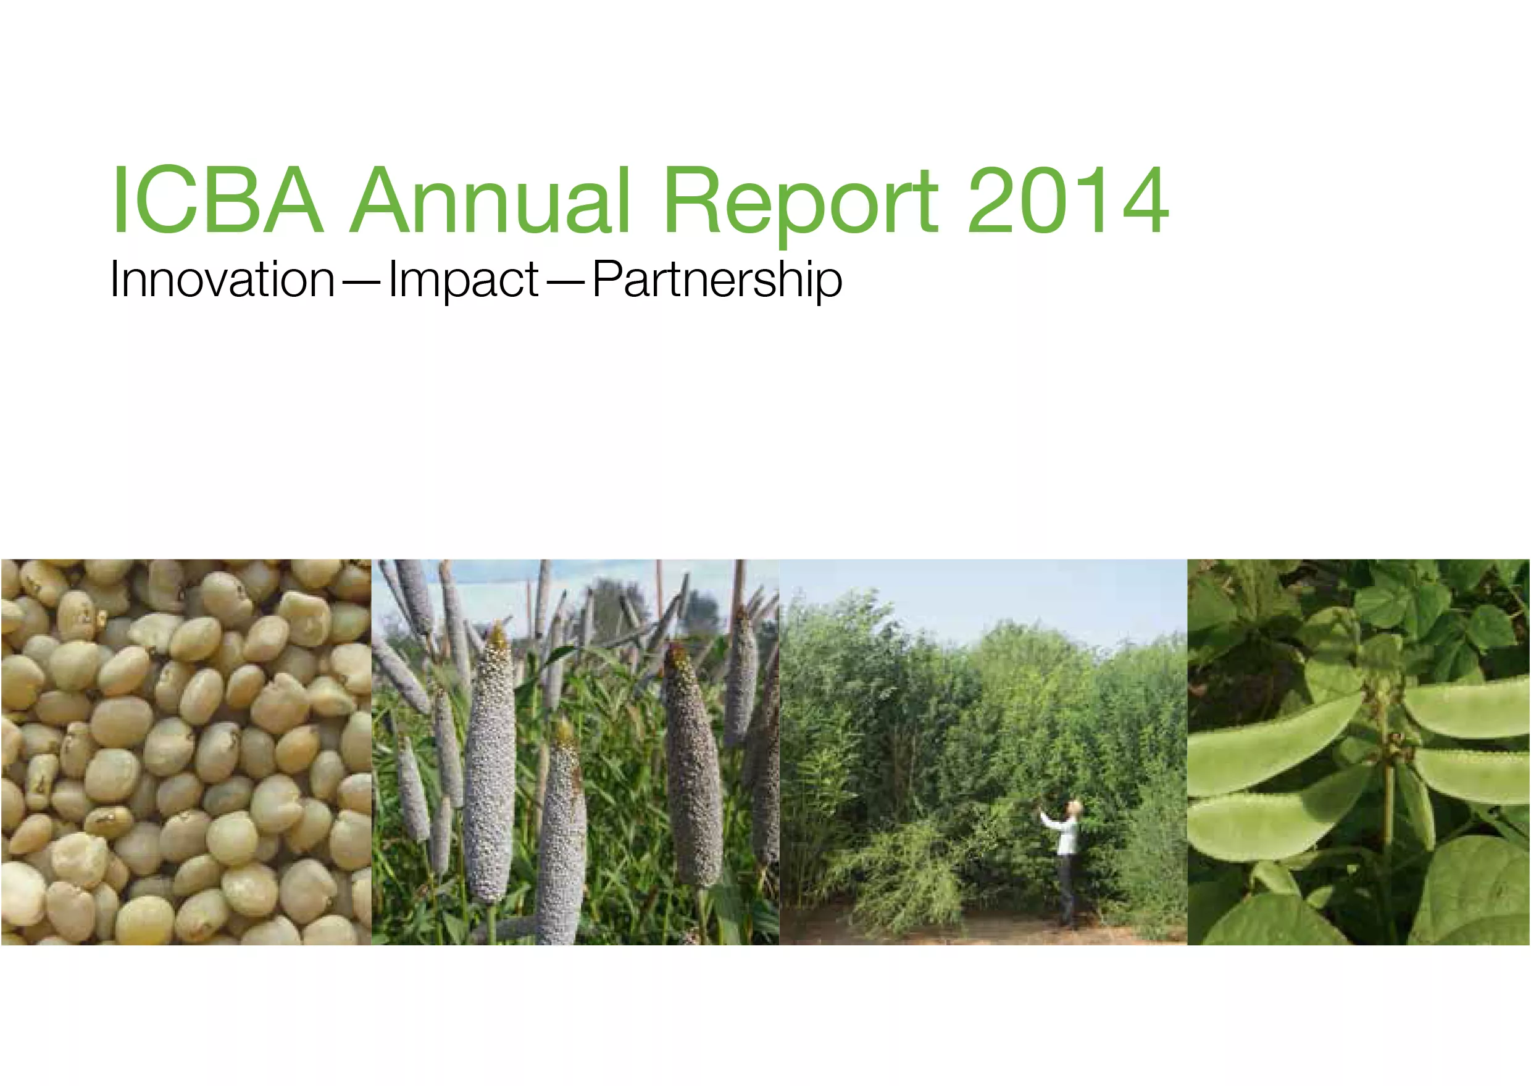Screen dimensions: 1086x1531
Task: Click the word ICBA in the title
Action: pyautogui.click(x=217, y=201)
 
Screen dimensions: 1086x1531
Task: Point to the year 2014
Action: pyautogui.click(x=1068, y=201)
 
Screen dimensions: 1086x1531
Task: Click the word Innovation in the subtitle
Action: pyautogui.click(x=222, y=280)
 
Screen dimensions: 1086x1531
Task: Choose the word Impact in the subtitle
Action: pyautogui.click(x=463, y=280)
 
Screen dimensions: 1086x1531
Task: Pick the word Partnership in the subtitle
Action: pyautogui.click(x=717, y=280)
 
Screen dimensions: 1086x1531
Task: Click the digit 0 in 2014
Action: pyautogui.click(x=1043, y=201)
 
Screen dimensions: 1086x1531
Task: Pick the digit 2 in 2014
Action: pyautogui.click(x=991, y=201)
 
